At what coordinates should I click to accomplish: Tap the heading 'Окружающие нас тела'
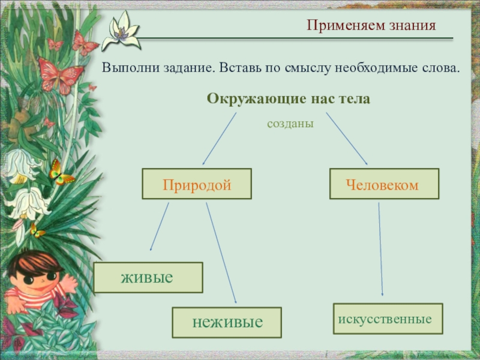[x=289, y=98]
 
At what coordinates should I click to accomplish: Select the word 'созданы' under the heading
[x=290, y=124]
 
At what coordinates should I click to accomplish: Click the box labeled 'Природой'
[x=196, y=184]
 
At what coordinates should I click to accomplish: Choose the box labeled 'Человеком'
[x=384, y=184]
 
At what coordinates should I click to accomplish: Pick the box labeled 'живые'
[x=148, y=277]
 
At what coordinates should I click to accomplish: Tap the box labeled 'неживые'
[x=227, y=322]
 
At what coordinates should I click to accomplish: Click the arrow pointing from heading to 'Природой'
[x=219, y=139]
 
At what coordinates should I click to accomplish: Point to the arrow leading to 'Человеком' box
[x=347, y=139]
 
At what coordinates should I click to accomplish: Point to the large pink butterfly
[x=60, y=75]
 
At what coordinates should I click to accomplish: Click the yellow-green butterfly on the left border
[x=59, y=173]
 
